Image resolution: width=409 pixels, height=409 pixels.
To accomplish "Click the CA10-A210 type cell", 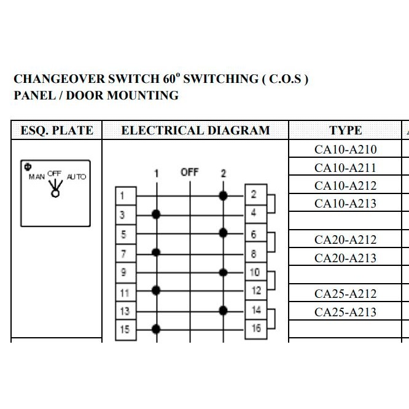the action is pyautogui.click(x=345, y=149).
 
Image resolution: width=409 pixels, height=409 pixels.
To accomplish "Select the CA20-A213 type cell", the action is pyautogui.click(x=345, y=257).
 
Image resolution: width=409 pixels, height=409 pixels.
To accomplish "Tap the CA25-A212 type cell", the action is pyautogui.click(x=345, y=294).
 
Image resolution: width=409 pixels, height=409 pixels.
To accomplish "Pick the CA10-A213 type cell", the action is pyautogui.click(x=345, y=203).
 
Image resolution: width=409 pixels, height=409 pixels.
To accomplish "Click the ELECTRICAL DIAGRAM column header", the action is pyautogui.click(x=195, y=130).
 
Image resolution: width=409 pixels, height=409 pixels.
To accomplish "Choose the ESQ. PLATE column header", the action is pyautogui.click(x=56, y=130).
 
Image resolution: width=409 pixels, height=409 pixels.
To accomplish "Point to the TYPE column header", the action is pyautogui.click(x=345, y=130).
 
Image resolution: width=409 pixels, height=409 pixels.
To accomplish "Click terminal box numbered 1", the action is pyautogui.click(x=126, y=196).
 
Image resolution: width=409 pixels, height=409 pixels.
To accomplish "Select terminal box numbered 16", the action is pyautogui.click(x=256, y=329).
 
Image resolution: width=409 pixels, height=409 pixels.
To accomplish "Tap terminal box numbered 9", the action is pyautogui.click(x=126, y=273).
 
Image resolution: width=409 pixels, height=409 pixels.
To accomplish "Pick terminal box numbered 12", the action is pyautogui.click(x=256, y=290).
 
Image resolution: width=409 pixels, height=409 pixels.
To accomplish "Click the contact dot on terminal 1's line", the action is pyautogui.click(x=223, y=196).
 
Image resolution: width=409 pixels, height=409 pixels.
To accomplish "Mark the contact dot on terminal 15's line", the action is pyautogui.click(x=156, y=329).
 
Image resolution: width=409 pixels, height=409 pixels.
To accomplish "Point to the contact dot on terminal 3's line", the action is pyautogui.click(x=156, y=214).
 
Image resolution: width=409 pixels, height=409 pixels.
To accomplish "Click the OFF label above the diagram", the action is pyautogui.click(x=190, y=173).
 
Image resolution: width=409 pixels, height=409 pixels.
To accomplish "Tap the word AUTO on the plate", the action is pyautogui.click(x=76, y=177).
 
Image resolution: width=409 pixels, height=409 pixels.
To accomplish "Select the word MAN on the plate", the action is pyautogui.click(x=37, y=177).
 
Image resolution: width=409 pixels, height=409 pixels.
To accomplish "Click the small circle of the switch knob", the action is pyautogui.click(x=55, y=193).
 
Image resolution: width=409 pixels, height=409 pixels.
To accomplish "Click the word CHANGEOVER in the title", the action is pyautogui.click(x=59, y=79).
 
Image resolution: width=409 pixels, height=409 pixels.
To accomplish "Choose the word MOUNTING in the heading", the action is pyautogui.click(x=143, y=95).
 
